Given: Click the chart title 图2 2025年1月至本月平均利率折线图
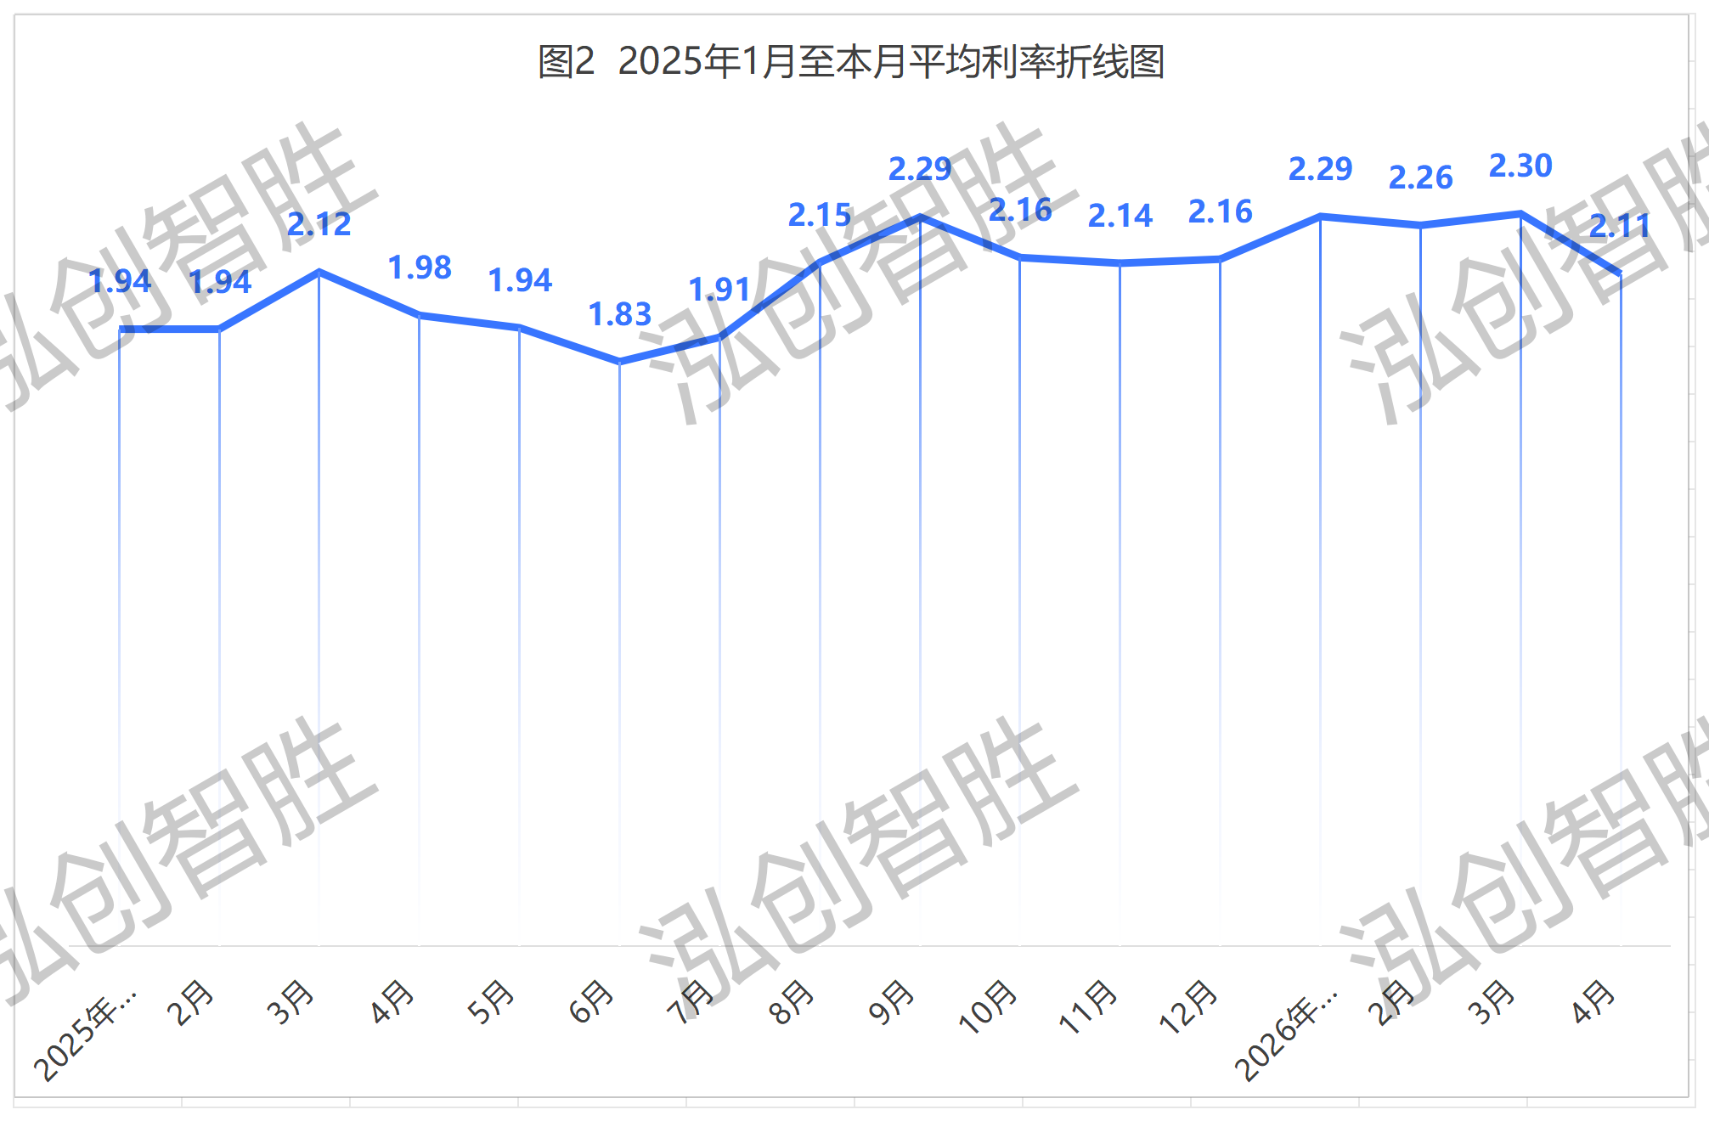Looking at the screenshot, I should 851,62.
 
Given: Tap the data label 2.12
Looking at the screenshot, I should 319,224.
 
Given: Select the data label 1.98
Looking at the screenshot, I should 420,268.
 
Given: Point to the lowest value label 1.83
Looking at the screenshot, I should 620,314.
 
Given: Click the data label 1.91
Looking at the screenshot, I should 719,290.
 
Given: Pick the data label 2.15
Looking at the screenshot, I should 820,215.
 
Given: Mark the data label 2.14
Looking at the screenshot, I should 1120,216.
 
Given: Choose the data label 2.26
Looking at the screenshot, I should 1420,177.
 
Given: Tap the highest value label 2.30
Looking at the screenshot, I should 1520,166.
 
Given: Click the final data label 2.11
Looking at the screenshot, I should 1620,226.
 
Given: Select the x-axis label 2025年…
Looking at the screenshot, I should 85,1034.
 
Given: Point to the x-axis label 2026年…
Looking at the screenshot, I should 1286,1034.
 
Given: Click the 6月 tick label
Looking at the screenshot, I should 591,1001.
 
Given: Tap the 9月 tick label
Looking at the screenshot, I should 892,1001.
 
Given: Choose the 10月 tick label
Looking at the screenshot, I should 988,1006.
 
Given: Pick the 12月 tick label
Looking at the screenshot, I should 1188,1006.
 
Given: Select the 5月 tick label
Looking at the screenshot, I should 491,1001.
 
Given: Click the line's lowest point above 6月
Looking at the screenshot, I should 620,362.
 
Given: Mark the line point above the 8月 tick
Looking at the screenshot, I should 820,263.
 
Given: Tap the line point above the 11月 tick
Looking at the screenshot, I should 1120,263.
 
